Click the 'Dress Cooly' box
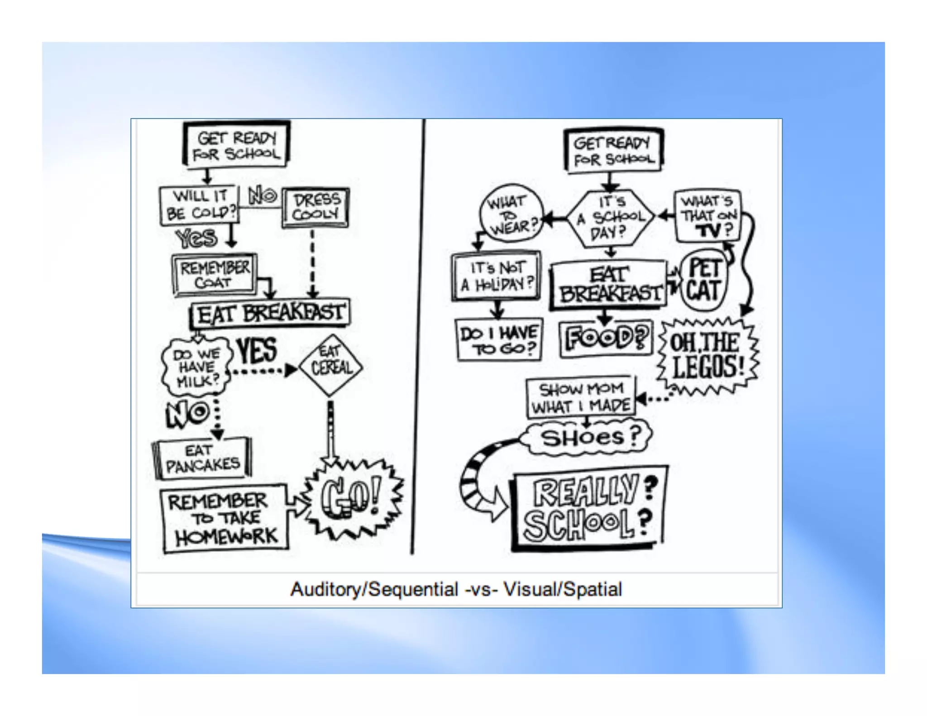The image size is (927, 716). (315, 207)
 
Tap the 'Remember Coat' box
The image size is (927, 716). (214, 275)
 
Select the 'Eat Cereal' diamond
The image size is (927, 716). (331, 365)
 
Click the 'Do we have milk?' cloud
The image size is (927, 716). (197, 367)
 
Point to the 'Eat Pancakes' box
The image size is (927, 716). (202, 458)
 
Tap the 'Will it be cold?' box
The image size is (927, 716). (199, 205)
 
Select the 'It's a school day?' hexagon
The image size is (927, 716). (611, 218)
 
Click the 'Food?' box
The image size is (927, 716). (606, 339)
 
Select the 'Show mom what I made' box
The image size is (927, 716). (581, 397)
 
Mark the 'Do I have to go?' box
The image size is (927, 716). (499, 340)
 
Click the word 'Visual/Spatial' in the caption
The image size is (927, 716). (563, 589)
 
